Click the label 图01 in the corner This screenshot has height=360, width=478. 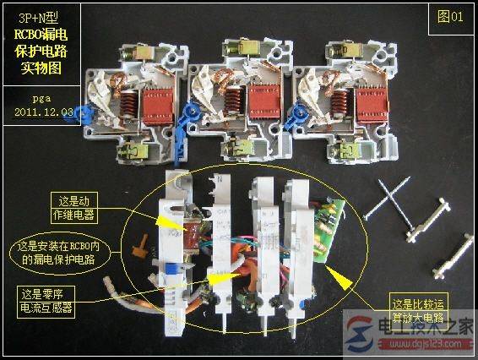[451, 18]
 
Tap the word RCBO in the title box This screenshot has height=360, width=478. [31, 34]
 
